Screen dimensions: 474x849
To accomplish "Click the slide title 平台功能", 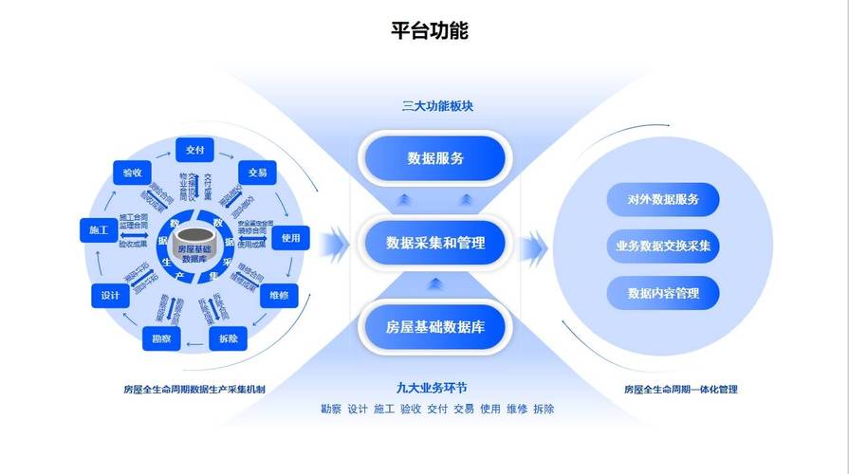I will pos(430,30).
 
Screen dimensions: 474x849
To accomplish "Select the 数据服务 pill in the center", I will pos(435,158).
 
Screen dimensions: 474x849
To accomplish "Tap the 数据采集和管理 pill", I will pos(435,243).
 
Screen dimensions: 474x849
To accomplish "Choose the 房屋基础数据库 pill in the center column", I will pos(435,327).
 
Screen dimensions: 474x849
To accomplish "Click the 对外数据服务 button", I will pos(663,199).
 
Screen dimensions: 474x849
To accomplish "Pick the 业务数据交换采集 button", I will pos(663,246).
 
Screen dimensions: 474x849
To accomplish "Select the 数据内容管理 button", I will pos(663,293).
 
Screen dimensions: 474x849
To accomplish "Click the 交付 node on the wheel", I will pos(195,150).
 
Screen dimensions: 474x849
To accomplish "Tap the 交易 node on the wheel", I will pos(256,173).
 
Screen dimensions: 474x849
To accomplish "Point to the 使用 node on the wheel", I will pos(290,238).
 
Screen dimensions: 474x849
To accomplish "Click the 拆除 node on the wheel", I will pos(228,338).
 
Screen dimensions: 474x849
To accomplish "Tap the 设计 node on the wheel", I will pos(110,297).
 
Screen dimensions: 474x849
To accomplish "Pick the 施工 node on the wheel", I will pos(99,230).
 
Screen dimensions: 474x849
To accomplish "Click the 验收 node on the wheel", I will pos(132,173).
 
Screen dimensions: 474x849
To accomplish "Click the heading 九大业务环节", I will pos(432,388).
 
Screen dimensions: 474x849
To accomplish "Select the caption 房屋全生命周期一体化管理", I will pos(680,389).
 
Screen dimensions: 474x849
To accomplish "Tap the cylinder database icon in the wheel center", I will pos(194,244).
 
